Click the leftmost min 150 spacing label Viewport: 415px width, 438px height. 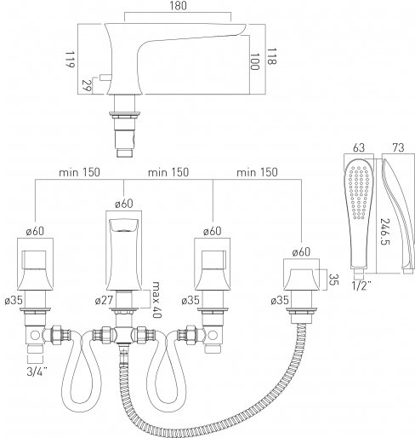79,172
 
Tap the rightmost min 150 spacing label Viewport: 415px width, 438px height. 257,172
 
